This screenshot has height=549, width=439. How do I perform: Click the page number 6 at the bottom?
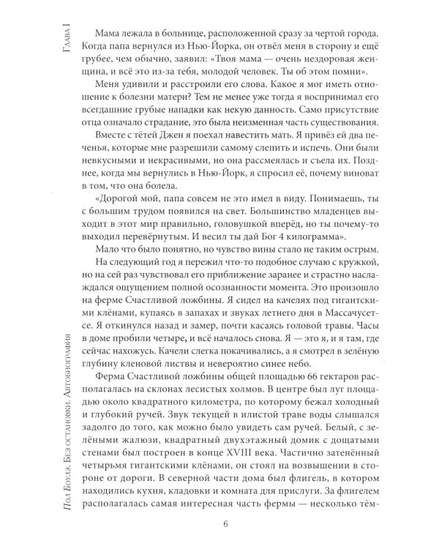[225, 523]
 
